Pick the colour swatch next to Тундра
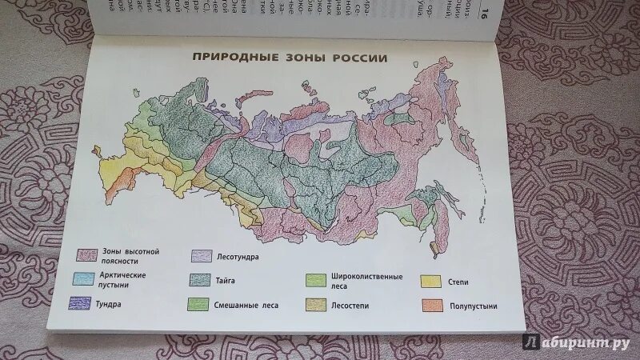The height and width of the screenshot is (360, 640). (78, 303)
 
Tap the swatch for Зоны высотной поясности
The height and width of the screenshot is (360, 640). (87, 256)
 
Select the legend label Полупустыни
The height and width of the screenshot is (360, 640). (475, 306)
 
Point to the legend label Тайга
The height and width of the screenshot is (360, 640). (226, 280)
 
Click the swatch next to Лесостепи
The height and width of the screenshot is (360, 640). (316, 305)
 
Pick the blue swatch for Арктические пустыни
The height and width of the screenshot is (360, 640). (83, 279)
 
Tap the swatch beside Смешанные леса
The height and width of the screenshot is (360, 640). (198, 304)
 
